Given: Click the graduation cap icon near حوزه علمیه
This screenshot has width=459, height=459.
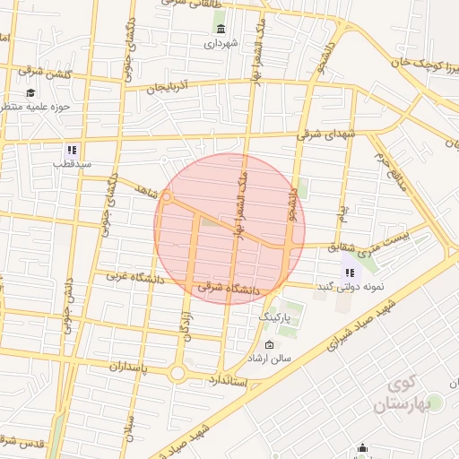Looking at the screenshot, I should coord(30,92).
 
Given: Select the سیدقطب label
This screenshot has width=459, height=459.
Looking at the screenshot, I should coord(65,164).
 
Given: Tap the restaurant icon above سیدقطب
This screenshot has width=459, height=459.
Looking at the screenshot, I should coord(71,150).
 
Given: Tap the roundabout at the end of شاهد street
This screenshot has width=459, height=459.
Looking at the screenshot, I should coord(166,197).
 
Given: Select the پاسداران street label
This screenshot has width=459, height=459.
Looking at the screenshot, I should coord(115,367).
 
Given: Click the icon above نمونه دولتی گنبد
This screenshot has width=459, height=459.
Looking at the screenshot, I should coord(350,273).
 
